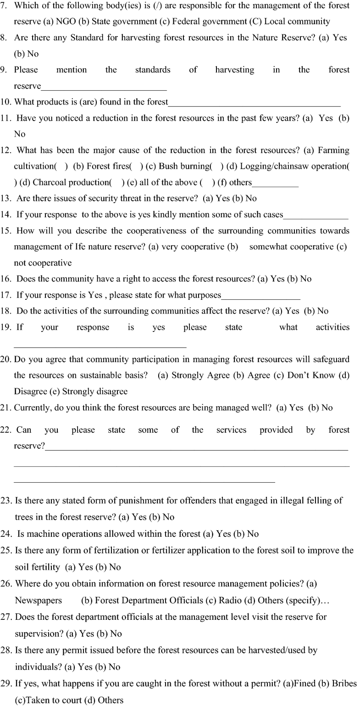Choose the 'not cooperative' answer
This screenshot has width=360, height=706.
tap(43, 263)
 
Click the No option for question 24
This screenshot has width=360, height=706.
tap(253, 534)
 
